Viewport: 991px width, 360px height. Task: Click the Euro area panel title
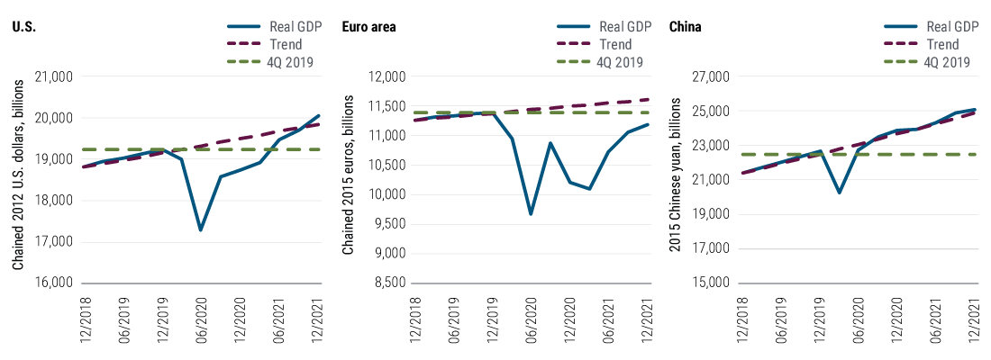[368, 26]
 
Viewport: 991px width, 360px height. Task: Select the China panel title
[686, 26]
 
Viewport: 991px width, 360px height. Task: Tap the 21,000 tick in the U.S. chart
[56, 77]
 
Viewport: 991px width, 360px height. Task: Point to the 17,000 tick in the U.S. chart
[56, 242]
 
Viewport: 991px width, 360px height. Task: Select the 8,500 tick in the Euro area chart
[389, 283]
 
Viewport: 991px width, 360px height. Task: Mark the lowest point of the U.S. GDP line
[200, 230]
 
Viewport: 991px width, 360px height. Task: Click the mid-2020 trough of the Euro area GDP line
[532, 214]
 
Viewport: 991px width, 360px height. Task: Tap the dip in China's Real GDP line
[839, 192]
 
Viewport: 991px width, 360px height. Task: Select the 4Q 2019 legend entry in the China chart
[951, 62]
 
